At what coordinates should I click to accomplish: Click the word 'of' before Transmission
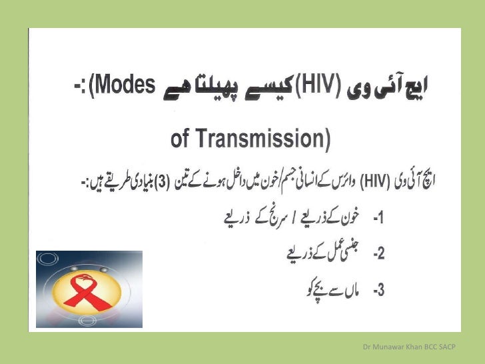click(181, 139)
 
